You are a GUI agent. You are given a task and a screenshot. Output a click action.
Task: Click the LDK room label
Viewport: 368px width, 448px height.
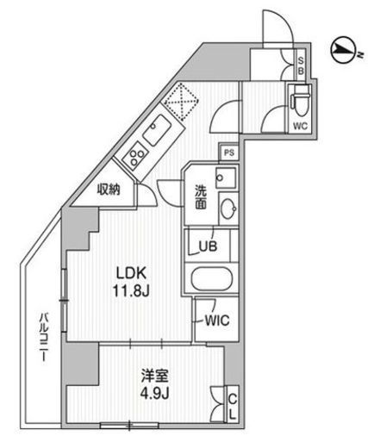coord(131,273)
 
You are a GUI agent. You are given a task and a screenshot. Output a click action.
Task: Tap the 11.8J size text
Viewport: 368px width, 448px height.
coord(131,291)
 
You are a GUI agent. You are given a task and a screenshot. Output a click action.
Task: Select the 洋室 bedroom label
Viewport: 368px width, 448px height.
coord(154,376)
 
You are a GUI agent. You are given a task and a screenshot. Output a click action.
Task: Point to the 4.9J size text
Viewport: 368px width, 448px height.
coord(154,393)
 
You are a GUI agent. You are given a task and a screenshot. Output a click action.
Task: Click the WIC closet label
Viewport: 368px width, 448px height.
coord(217,320)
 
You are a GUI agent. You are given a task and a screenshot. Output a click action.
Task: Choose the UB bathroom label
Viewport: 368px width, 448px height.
coord(208,246)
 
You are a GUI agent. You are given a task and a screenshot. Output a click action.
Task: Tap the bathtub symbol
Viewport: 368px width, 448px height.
coord(212,279)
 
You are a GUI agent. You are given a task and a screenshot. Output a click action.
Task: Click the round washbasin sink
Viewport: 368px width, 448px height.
coord(228,208)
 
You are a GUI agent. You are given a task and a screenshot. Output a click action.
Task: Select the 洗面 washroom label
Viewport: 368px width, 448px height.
coord(201,197)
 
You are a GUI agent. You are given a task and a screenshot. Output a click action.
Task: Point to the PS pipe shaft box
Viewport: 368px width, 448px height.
coord(229,152)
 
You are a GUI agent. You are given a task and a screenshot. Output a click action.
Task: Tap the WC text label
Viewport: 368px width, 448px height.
coord(300,126)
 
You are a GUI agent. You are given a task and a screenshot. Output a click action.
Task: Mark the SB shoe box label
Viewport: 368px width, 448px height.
coord(301,65)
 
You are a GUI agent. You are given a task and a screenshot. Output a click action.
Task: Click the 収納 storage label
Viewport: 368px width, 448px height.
coord(109,190)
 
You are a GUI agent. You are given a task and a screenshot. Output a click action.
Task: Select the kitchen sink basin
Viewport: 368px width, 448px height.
coord(158,130)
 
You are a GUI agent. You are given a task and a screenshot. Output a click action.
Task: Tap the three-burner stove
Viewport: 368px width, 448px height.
coord(134,157)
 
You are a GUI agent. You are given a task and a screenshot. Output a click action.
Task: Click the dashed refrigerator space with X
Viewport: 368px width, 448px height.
coord(181,101)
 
